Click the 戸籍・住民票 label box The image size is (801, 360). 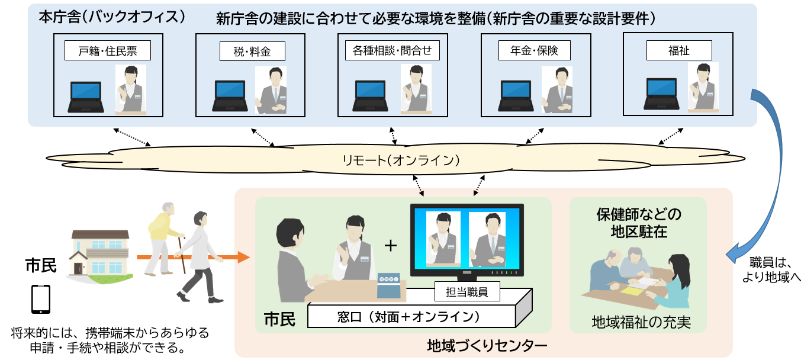[108, 51]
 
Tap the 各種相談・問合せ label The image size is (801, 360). [393, 51]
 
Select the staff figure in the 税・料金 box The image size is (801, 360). [274, 89]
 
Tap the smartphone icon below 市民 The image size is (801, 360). [40, 299]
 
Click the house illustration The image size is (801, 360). [99, 252]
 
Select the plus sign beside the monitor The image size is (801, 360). [390, 246]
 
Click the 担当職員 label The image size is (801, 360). [467, 291]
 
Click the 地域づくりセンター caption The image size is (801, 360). [487, 345]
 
